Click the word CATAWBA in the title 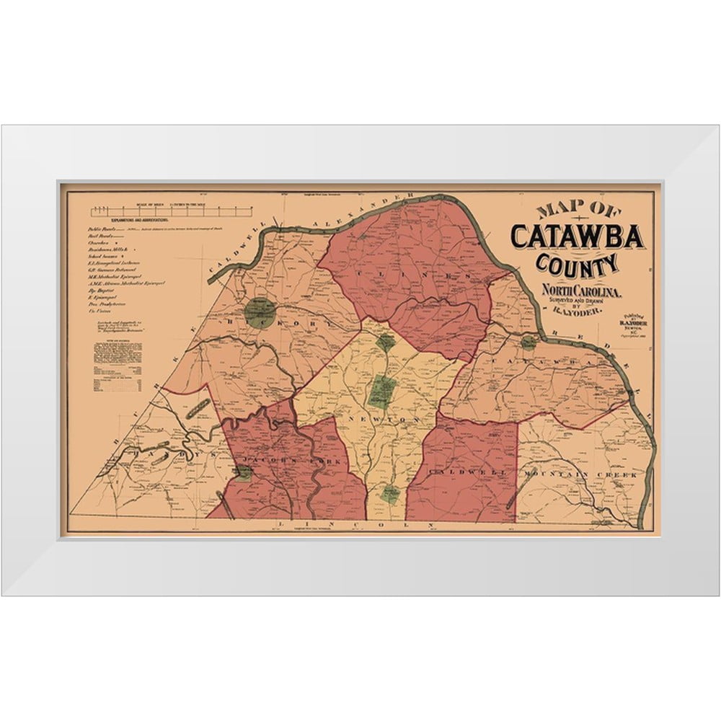(578, 235)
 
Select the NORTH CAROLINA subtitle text (577, 291)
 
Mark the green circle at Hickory (260, 312)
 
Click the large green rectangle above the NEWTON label (380, 391)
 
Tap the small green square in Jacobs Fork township (244, 473)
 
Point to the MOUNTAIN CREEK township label (582, 474)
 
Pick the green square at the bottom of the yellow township (390, 494)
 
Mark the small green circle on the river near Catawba (529, 342)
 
